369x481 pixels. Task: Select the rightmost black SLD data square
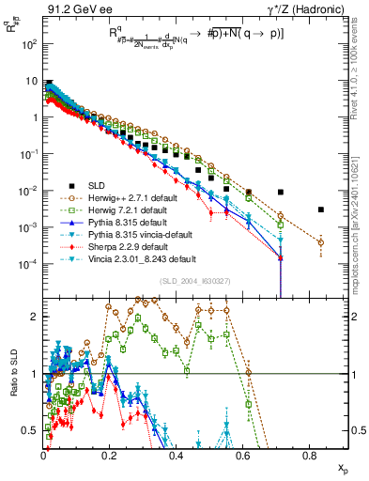[321, 209]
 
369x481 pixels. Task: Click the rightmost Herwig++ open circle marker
[321, 242]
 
